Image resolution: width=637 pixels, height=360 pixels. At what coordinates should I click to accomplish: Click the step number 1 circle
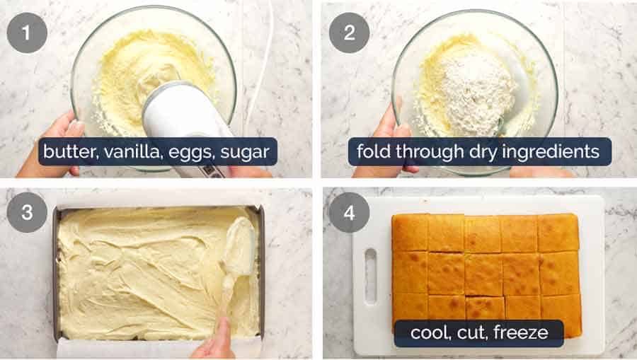pos(26,33)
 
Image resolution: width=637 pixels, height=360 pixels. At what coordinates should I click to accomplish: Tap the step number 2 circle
pos(349,33)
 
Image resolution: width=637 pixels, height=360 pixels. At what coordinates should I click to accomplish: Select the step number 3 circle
pos(26,213)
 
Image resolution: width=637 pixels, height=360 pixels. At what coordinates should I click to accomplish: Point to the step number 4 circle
pos(349,212)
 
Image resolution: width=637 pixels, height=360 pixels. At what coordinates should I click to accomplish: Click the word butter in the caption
pos(65,151)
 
